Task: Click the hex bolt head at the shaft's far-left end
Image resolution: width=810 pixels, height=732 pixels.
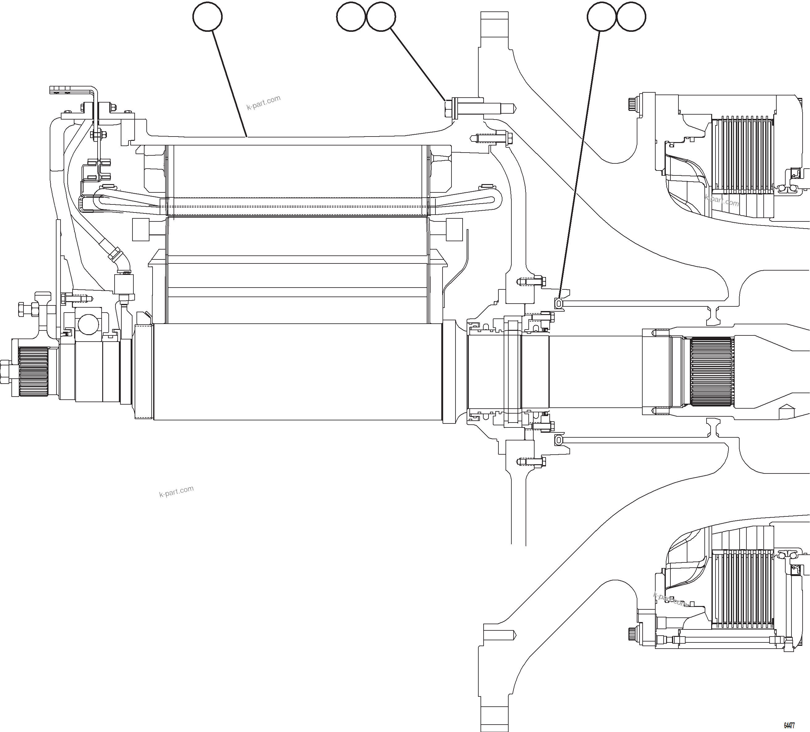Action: tap(6, 372)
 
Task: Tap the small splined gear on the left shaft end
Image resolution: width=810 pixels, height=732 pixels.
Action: tap(33, 372)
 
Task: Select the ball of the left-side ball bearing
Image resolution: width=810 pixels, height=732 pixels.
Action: tap(88, 324)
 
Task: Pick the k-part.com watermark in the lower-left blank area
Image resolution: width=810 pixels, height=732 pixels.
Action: tap(176, 491)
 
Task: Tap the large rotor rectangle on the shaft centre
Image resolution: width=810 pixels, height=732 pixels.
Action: tap(297, 372)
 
